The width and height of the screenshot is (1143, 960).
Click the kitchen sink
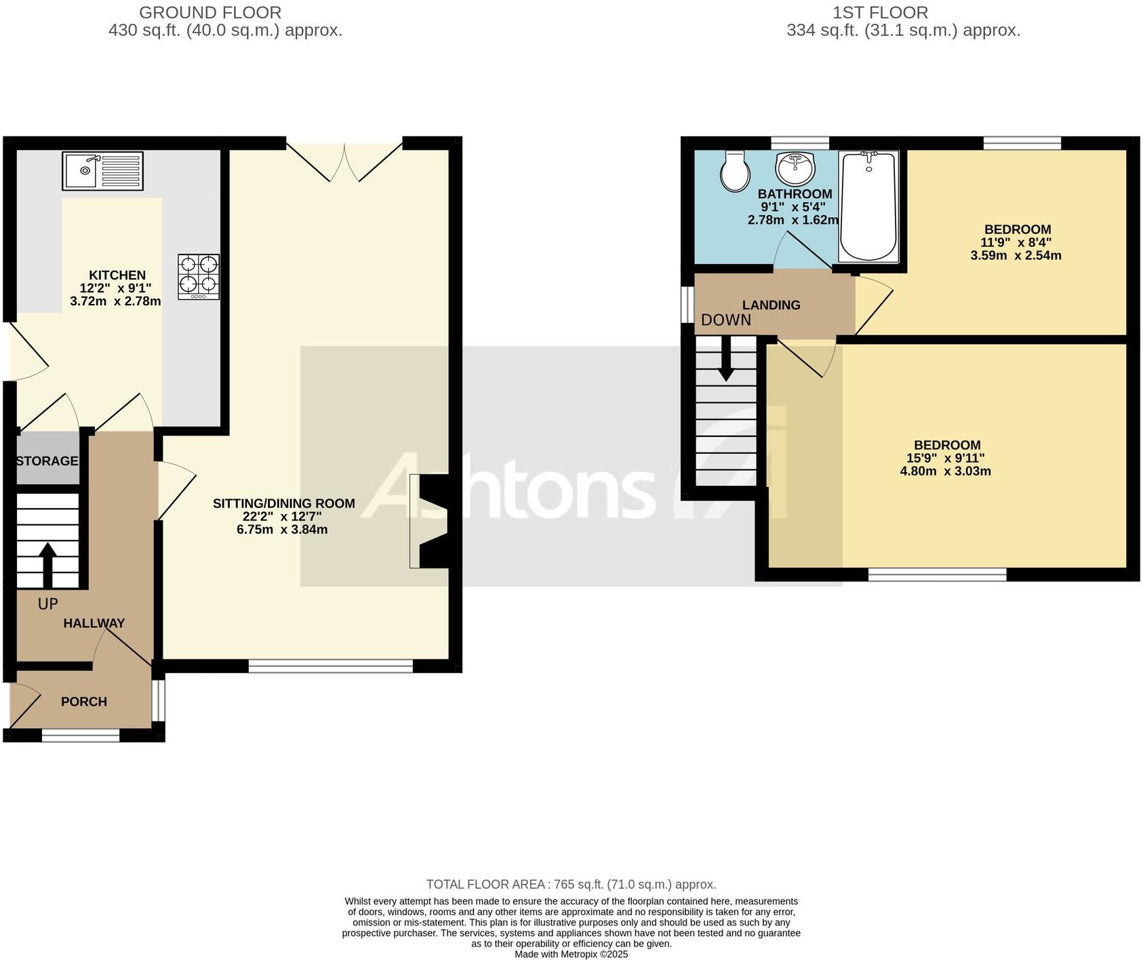[102, 171]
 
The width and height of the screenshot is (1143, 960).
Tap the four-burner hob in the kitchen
[199, 276]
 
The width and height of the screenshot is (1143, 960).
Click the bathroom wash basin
[795, 167]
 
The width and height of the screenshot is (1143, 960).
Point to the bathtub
[868, 206]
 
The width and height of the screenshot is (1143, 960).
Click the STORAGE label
[47, 461]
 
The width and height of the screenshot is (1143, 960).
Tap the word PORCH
[84, 702]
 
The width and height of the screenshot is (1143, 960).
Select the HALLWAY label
[94, 623]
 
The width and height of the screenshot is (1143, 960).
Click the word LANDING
[771, 305]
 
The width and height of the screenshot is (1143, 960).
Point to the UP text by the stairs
[47, 604]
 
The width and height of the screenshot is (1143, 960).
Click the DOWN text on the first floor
[726, 320]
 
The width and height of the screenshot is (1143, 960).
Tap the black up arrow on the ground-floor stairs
[47, 564]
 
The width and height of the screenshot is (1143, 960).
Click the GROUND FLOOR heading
[210, 12]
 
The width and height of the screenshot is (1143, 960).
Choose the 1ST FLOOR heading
[880, 12]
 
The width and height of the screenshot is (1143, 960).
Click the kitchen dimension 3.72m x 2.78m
[115, 301]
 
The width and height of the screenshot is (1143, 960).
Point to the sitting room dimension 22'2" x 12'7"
[283, 516]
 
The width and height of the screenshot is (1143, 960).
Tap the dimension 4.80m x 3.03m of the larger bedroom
[945, 471]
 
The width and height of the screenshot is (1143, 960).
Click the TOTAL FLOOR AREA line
[571, 885]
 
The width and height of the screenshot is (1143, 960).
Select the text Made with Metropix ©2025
[571, 954]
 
